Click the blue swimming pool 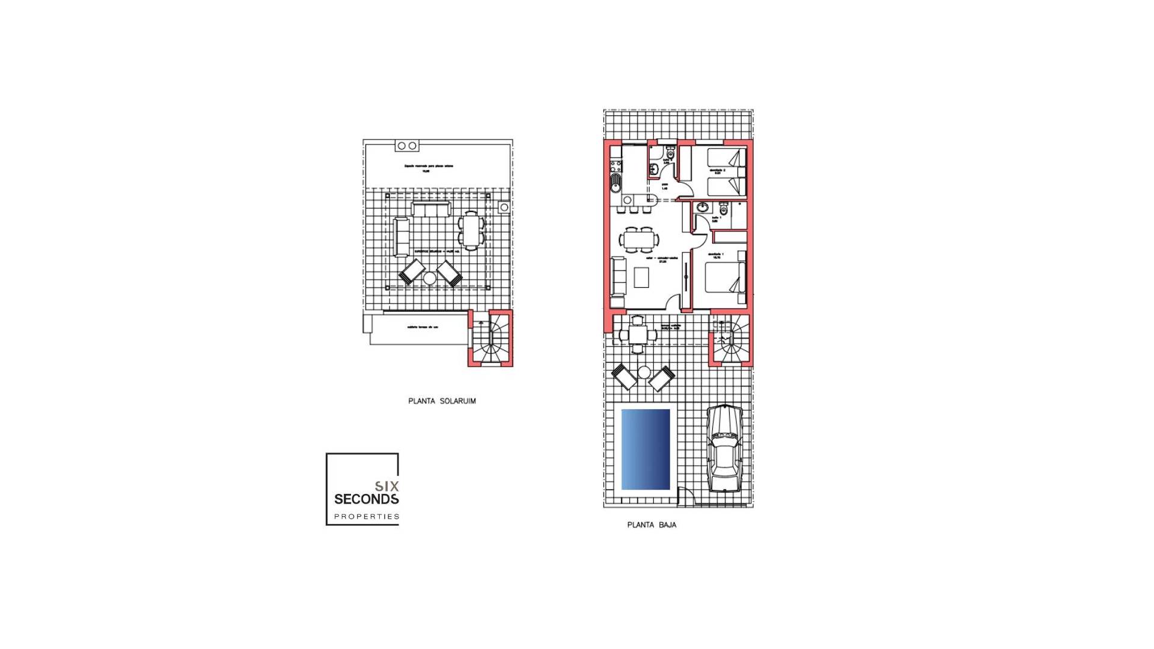[x=646, y=449]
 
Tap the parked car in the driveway [x=724, y=448]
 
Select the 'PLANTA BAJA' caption [x=652, y=525]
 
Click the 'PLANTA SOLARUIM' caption [x=442, y=401]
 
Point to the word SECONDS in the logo [x=366, y=499]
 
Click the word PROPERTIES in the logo [x=367, y=516]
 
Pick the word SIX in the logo [x=386, y=486]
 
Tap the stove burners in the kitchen [x=615, y=165]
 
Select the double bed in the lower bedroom [x=724, y=278]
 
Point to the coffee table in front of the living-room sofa [x=641, y=277]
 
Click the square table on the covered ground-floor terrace [x=638, y=335]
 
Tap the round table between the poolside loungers [x=644, y=373]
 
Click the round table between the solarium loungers [x=429, y=278]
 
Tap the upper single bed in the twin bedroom [x=725, y=158]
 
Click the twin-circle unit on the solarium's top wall [x=407, y=145]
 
